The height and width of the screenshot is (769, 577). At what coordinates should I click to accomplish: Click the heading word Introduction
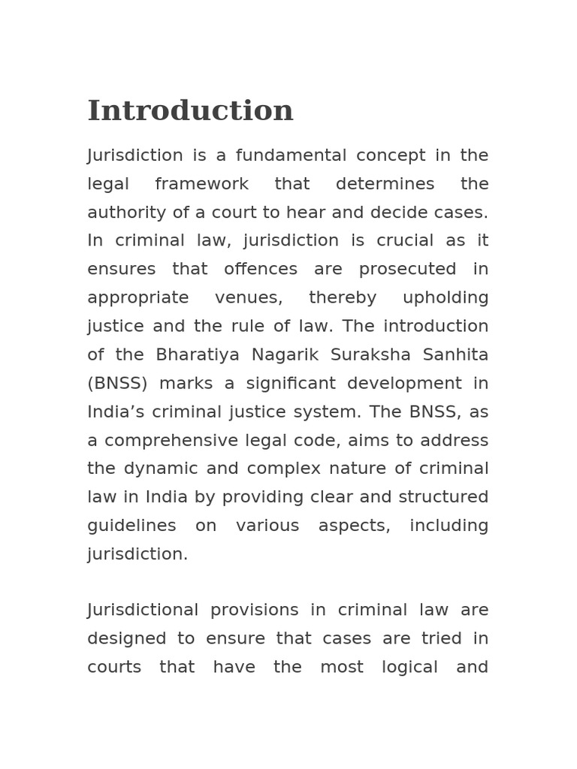190,111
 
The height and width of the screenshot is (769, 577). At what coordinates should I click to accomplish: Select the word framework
201,184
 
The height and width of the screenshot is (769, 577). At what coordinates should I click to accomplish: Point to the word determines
374,184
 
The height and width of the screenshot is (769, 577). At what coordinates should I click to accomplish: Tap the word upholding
446,298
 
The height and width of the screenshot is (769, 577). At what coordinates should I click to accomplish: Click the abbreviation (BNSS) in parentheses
117,384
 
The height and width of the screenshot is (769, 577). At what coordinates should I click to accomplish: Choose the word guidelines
131,526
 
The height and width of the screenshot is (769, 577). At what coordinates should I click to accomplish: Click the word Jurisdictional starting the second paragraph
143,610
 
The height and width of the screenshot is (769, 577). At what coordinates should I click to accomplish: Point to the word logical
408,667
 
